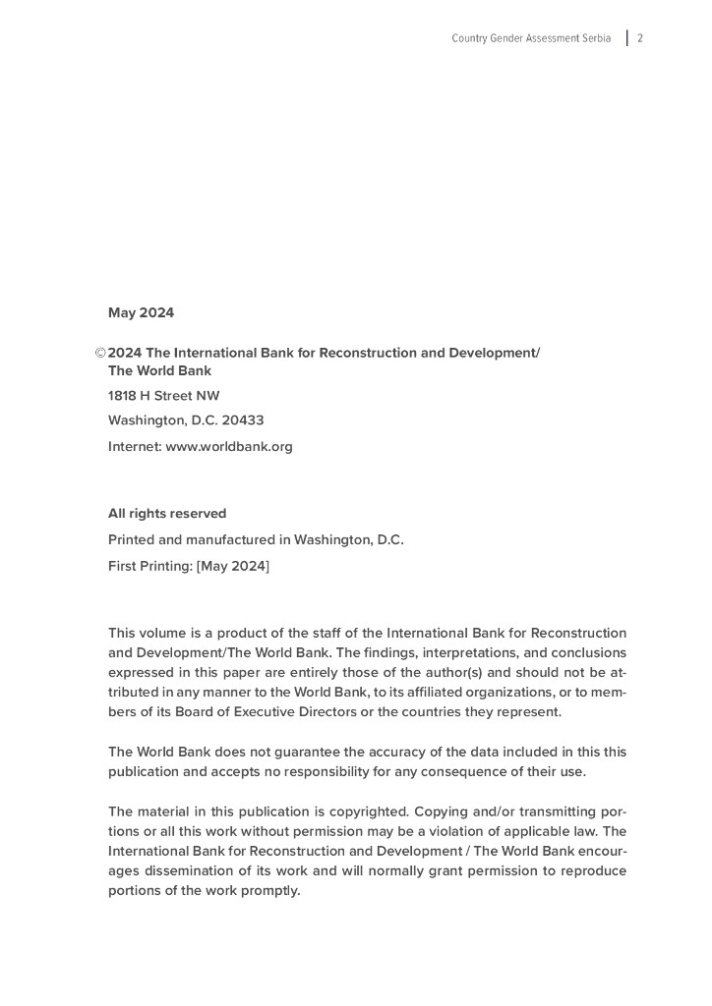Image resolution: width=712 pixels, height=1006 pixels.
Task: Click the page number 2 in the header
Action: coord(640,38)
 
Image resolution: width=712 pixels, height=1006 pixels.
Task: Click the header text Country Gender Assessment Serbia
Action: coord(531,38)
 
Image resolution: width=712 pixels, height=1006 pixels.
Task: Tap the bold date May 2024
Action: coord(141,313)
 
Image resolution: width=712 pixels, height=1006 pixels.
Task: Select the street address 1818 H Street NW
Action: coord(164,396)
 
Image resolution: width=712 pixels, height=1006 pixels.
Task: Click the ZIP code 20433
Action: coord(243,420)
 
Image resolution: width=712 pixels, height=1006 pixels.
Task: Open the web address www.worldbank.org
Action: coord(229,446)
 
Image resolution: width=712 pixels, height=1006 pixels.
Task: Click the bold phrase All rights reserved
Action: coord(167,514)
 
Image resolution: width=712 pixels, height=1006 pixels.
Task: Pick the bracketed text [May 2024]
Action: coord(233,566)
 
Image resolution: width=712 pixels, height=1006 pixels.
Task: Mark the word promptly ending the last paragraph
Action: coord(269,891)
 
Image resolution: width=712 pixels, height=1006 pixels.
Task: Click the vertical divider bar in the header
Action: coord(627,38)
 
